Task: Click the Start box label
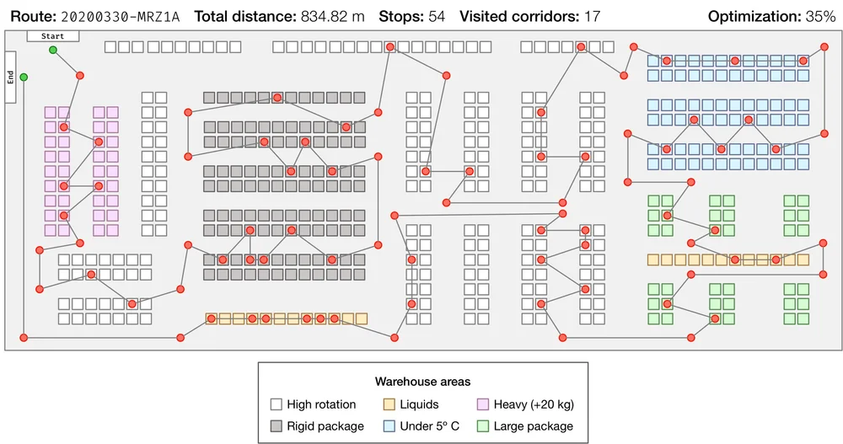click(x=52, y=36)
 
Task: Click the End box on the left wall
click(x=10, y=77)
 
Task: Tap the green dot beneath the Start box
click(x=52, y=51)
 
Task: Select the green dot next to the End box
click(x=24, y=78)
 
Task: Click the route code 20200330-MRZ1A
click(x=121, y=16)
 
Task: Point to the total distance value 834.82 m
click(x=332, y=16)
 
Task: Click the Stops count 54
click(x=436, y=16)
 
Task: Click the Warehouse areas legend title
click(x=422, y=382)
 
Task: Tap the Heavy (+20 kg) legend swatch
click(x=484, y=404)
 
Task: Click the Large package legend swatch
click(x=484, y=426)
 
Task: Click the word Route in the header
click(x=30, y=16)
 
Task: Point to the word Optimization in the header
click(x=753, y=16)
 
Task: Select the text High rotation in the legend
click(x=321, y=404)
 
